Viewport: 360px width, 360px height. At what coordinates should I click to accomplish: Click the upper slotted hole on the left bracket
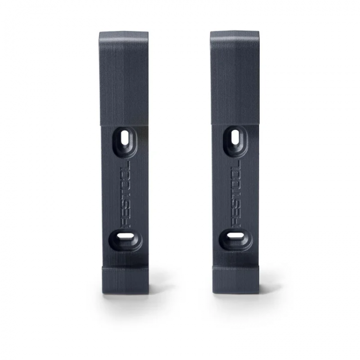tap(125, 138)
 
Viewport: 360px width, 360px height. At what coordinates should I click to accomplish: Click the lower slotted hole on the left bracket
tap(125, 236)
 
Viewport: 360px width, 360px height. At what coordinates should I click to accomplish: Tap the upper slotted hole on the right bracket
tap(235, 138)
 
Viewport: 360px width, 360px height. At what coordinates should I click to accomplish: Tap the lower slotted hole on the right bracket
tap(236, 235)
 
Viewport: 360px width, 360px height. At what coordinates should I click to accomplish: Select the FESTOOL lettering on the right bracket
tap(236, 194)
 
